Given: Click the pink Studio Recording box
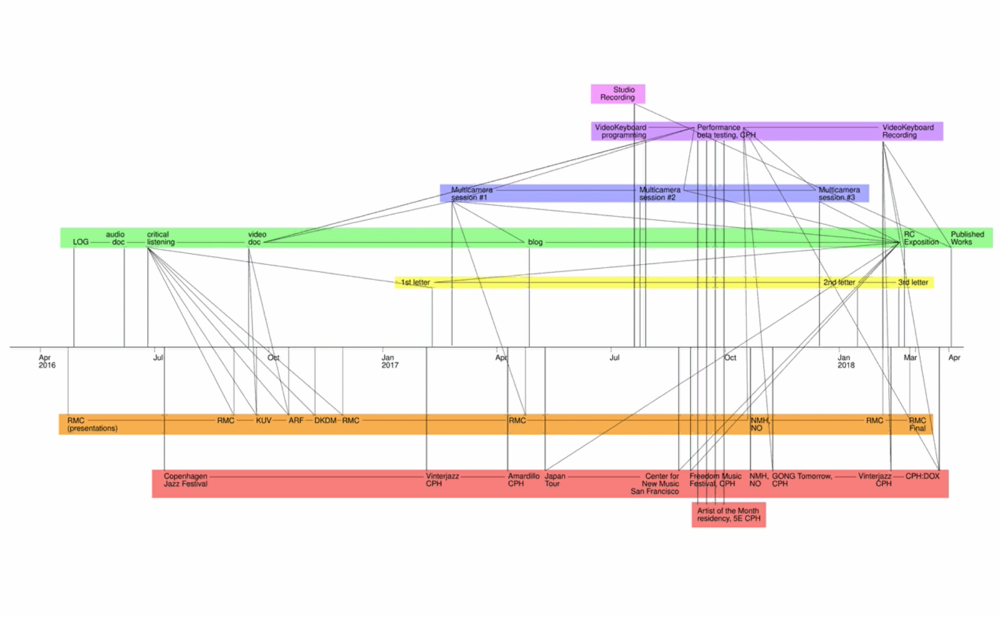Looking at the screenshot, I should pos(618,94).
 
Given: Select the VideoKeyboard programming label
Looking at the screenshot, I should pos(620,131).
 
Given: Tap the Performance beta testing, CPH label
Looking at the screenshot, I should pos(725,131).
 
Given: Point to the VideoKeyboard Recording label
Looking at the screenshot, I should pos(908,131).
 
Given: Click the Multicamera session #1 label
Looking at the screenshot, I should pos(472,194).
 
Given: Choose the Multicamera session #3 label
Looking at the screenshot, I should pos(839,194).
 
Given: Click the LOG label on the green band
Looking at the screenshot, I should pos(80,242).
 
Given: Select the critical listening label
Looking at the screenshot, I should pos(160,238).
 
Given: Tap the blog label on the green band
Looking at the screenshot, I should pos(535,242).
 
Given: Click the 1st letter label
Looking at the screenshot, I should pos(415,283).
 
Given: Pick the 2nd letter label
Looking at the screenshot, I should pos(839,283).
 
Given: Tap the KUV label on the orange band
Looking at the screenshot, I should pos(263,421).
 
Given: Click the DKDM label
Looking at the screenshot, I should pos(325,421).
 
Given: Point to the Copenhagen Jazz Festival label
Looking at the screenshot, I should pos(186,480).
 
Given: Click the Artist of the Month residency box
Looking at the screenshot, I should pos(728,515).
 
